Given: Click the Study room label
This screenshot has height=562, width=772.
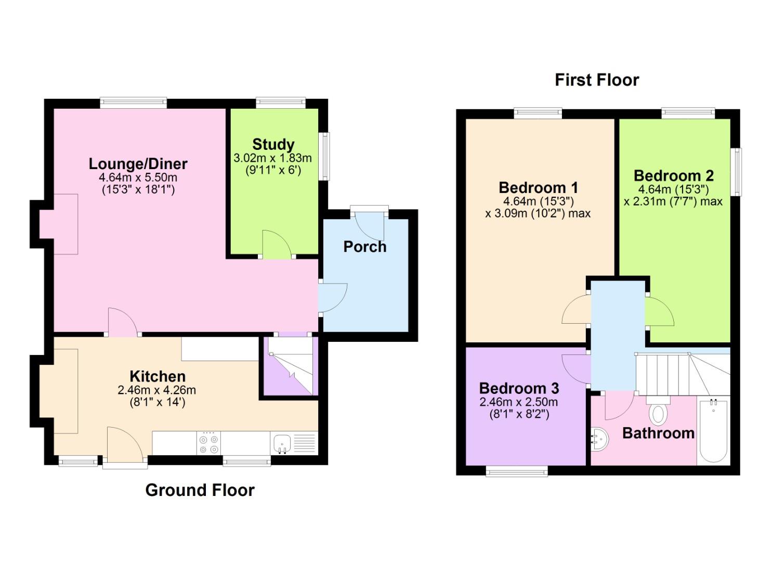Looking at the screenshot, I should (273, 144).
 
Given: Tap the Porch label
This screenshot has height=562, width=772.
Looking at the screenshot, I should (364, 247).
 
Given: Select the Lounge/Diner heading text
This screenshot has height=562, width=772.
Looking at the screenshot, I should (138, 163).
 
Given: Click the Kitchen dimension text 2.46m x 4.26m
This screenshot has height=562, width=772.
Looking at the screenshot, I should (156, 390).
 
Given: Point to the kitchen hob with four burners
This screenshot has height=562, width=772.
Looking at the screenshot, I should (209, 443).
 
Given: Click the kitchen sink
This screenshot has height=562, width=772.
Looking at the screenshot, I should (281, 443).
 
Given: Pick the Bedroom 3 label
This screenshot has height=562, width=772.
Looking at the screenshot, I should (518, 388).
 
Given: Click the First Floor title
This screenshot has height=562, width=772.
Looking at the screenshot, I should (596, 80).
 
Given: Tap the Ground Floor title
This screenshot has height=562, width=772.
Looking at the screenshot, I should (200, 490).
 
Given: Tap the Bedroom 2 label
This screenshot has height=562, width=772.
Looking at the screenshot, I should (673, 175).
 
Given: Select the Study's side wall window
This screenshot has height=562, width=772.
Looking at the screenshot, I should (325, 156).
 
